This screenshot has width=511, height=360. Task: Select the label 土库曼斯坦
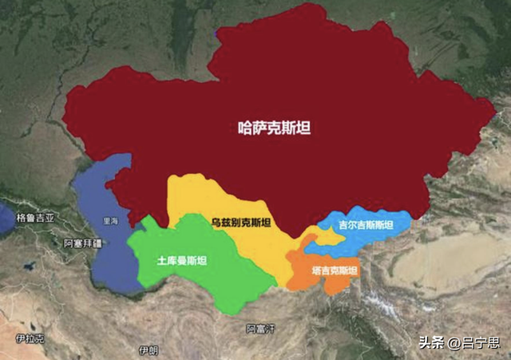click(x=183, y=259)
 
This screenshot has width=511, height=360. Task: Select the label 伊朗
click(x=149, y=350)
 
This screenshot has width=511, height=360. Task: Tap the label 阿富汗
click(x=261, y=328)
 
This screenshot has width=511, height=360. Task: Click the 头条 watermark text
click(x=430, y=343)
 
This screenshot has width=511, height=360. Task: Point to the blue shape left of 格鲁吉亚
click(x=6, y=220)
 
